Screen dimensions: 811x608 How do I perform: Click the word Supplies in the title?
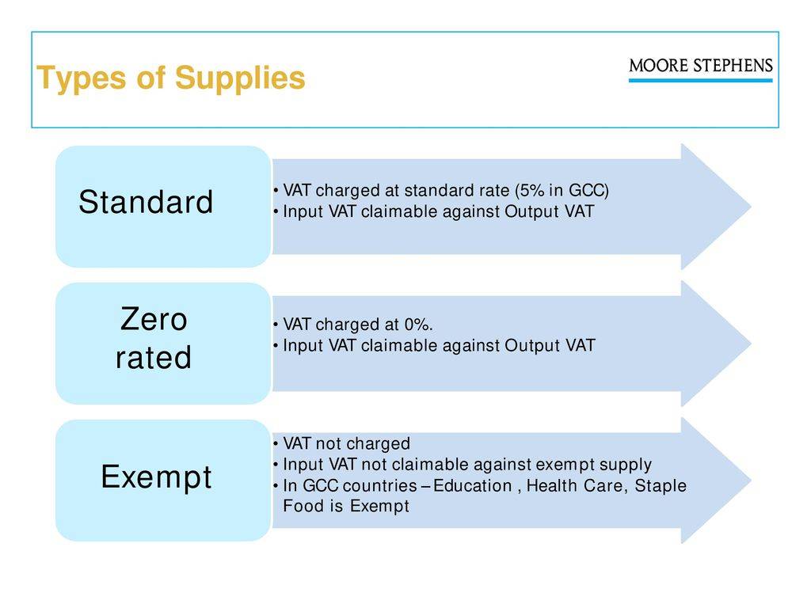point(240,79)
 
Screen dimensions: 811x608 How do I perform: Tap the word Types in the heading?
point(82,79)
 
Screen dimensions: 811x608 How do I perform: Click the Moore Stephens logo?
point(701,70)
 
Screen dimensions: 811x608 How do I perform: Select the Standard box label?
point(146,202)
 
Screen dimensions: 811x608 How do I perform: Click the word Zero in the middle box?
point(154,319)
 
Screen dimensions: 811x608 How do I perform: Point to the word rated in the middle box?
point(154,357)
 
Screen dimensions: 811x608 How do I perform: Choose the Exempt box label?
point(156,477)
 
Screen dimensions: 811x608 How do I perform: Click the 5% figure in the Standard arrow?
point(531,190)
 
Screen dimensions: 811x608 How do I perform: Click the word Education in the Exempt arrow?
point(473,485)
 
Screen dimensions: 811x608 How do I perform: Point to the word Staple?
point(661,486)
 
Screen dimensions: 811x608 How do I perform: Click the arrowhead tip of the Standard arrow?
point(751,207)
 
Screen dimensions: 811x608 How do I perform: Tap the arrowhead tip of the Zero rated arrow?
point(751,344)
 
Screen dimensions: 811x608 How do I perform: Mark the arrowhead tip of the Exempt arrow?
point(751,481)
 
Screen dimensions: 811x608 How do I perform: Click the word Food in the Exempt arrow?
point(303,506)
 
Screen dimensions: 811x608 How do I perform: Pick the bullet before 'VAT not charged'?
point(276,443)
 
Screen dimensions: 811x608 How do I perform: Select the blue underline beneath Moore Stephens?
point(701,80)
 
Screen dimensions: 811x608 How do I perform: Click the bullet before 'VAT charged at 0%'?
point(276,324)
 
